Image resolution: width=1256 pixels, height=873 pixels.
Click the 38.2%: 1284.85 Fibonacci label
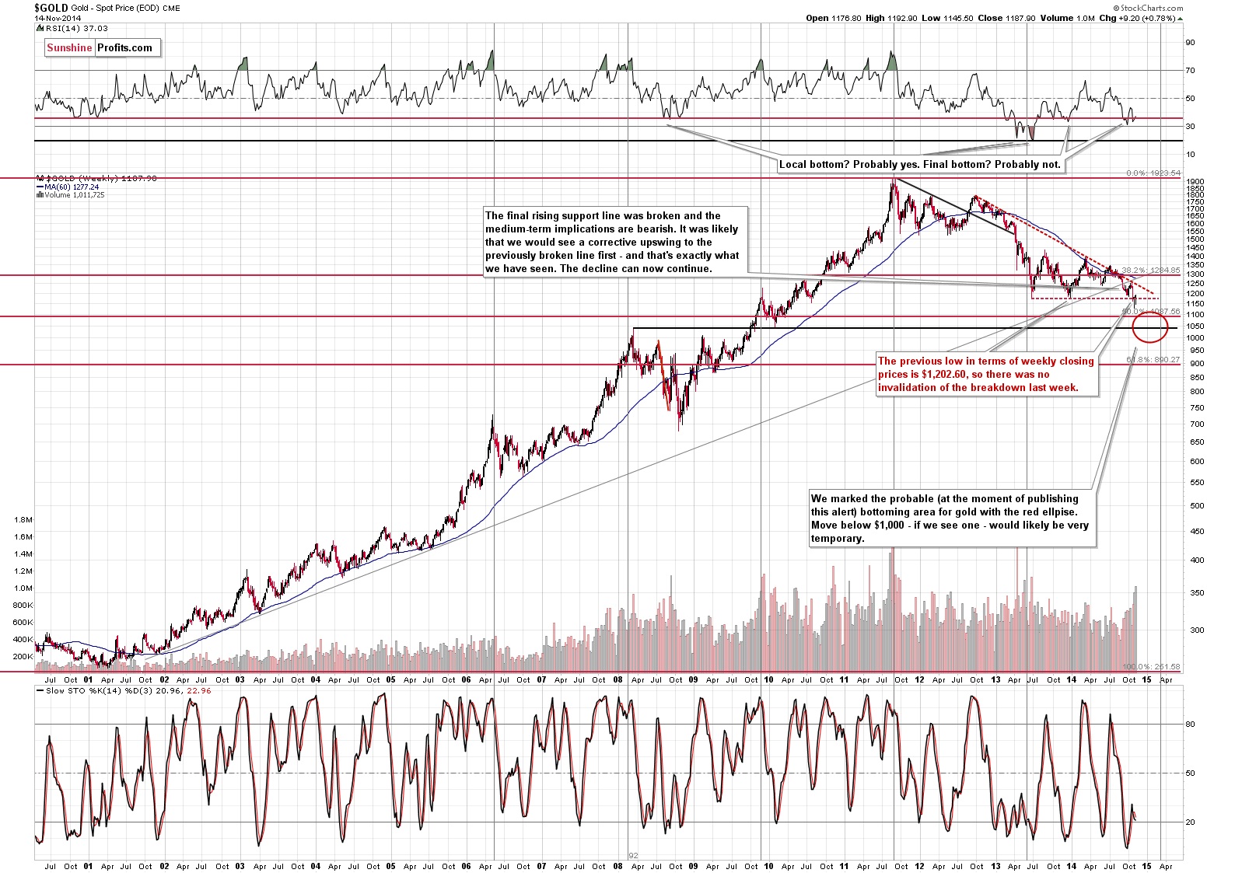[x=1151, y=271]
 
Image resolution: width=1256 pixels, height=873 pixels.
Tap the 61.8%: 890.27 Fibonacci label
[x=1153, y=360]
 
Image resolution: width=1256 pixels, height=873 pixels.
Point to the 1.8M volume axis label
[x=23, y=519]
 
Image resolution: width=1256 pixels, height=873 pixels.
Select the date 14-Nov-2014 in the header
[x=57, y=18]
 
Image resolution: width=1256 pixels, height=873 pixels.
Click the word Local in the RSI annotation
[x=793, y=164]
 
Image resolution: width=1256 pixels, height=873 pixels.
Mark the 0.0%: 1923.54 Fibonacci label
[x=1153, y=173]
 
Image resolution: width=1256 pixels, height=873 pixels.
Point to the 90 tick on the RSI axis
[x=1190, y=43]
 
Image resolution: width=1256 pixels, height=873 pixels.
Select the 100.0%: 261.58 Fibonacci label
[x=1151, y=667]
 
